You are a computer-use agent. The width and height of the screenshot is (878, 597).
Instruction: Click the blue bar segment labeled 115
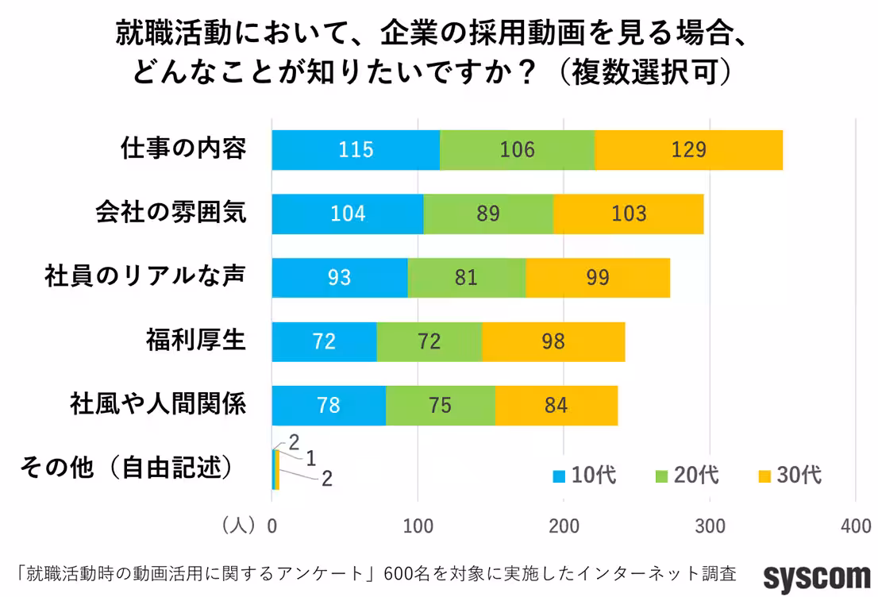click(x=356, y=149)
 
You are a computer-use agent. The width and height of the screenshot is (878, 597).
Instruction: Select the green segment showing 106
click(x=517, y=149)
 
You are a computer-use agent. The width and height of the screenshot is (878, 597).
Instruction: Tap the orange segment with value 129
click(x=688, y=149)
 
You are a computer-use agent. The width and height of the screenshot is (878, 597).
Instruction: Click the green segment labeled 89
click(x=488, y=214)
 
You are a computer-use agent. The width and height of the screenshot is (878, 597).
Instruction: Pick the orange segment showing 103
click(x=628, y=214)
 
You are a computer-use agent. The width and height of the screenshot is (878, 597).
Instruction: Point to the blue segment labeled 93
click(x=339, y=278)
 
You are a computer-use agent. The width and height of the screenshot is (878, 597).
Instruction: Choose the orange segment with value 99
click(x=598, y=278)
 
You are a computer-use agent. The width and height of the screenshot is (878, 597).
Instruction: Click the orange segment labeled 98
click(x=553, y=342)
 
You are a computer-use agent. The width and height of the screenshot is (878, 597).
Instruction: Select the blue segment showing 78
click(x=329, y=406)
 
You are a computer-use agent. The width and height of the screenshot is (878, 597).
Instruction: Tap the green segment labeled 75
click(x=440, y=406)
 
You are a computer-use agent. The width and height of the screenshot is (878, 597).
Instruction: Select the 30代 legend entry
click(x=789, y=476)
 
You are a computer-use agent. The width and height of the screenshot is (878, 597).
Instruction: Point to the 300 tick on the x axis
click(x=710, y=526)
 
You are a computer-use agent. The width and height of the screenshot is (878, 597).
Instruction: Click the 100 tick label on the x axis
click(x=418, y=526)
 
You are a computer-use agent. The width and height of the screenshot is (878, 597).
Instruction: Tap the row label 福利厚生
click(x=195, y=341)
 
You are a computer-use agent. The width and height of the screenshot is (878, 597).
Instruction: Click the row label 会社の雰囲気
click(x=171, y=213)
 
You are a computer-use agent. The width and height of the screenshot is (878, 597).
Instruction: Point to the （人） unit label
click(x=237, y=526)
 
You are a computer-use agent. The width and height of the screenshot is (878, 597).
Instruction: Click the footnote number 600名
click(x=402, y=573)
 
